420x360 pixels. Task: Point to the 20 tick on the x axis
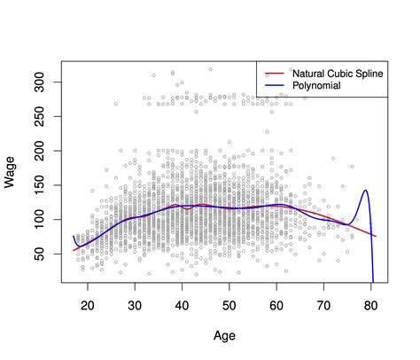point(87,304)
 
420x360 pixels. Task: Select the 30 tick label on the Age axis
point(135,304)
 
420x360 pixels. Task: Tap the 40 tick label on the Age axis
point(182,304)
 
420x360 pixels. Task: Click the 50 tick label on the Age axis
point(229,304)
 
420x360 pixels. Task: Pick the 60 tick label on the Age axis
point(277,304)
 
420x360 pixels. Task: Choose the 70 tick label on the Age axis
point(324,304)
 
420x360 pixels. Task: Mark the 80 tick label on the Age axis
point(372,304)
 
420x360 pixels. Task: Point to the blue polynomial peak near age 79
point(364,191)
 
